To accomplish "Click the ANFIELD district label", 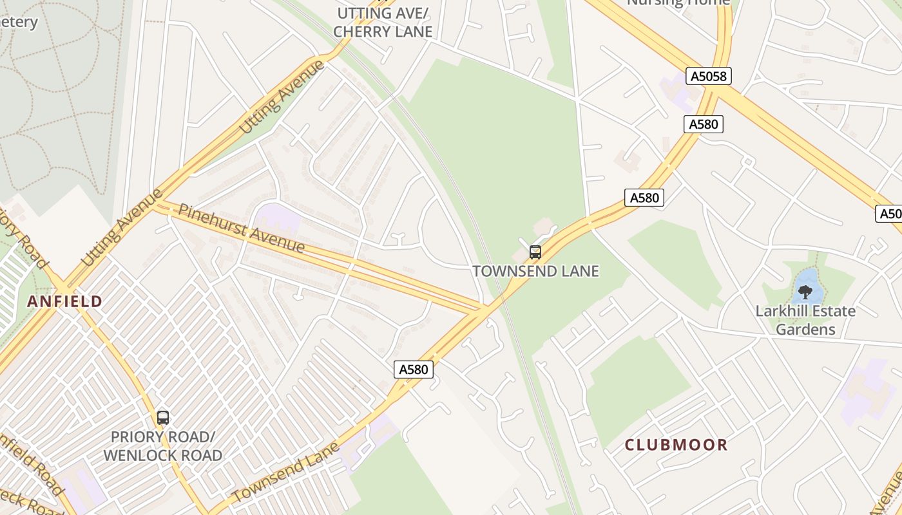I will pyautogui.click(x=64, y=301).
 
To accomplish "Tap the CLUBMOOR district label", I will pyautogui.click(x=676, y=445).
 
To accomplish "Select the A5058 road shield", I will pyautogui.click(x=708, y=77).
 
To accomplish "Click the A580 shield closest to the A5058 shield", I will pyautogui.click(x=703, y=124).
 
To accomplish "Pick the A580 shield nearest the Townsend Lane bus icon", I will pyautogui.click(x=644, y=198).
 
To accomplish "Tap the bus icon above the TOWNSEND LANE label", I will pyautogui.click(x=535, y=252).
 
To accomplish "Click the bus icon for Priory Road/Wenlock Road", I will pyautogui.click(x=163, y=418).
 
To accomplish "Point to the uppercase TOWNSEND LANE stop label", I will pyautogui.click(x=535, y=271).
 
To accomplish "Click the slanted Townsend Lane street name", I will pyautogui.click(x=285, y=473).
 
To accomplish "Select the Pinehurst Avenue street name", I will pyautogui.click(x=242, y=229).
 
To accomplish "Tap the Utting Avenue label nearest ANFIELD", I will pyautogui.click(x=121, y=229).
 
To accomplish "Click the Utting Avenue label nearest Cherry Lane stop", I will pyautogui.click(x=282, y=97).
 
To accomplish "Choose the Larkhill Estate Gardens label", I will pyautogui.click(x=805, y=320).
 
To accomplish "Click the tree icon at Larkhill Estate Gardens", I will pyautogui.click(x=805, y=292).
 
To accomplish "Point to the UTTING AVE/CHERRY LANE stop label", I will pyautogui.click(x=383, y=23).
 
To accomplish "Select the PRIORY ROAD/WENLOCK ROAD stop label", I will pyautogui.click(x=162, y=446).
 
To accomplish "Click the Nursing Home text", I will pyautogui.click(x=678, y=3).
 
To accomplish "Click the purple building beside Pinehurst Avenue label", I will pyautogui.click(x=279, y=220).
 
